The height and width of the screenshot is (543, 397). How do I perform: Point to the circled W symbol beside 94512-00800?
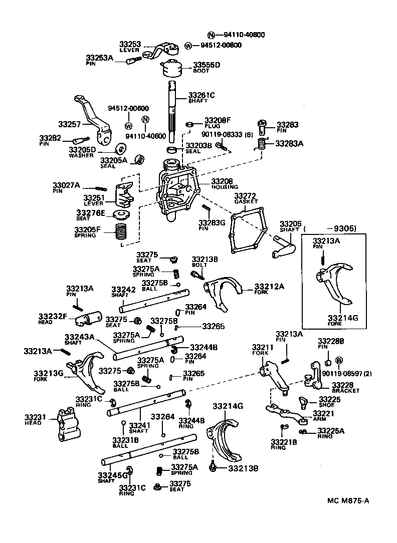coord(188,46)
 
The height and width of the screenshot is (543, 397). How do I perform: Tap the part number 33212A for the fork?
coord(269,286)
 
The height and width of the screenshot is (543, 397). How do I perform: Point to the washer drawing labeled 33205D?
coord(120,150)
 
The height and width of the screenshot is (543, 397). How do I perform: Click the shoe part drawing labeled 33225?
coord(303,401)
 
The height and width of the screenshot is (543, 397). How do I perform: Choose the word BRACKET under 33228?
coord(345,391)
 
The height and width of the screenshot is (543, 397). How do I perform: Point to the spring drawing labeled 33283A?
coord(261,145)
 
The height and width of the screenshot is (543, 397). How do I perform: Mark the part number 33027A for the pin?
coord(66,185)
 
